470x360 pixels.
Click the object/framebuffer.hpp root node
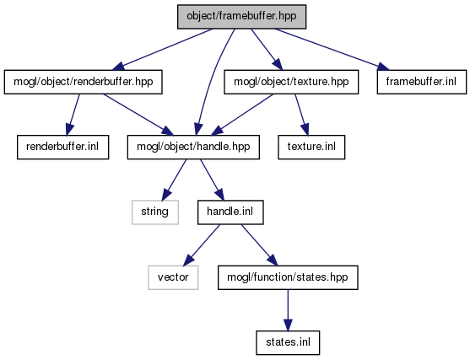tap(241, 17)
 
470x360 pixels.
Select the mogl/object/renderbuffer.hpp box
tap(83, 82)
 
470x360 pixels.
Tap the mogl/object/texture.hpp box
tap(291, 82)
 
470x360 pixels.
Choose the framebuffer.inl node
tap(421, 82)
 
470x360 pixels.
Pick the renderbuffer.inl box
tap(62, 147)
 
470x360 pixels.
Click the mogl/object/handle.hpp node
tap(193, 147)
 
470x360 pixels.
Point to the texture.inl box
tap(311, 147)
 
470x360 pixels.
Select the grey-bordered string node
tap(155, 212)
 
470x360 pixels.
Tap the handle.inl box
tap(230, 212)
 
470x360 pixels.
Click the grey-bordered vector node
tap(173, 277)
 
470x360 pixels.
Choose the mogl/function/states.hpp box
tap(288, 277)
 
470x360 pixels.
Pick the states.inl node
tap(288, 343)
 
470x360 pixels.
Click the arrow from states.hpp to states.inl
tap(288, 310)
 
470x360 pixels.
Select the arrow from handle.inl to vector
tap(202, 245)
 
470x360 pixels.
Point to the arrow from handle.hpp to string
tap(174, 180)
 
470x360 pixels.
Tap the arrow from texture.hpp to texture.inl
tap(301, 115)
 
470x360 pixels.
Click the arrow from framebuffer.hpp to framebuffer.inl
tap(332, 50)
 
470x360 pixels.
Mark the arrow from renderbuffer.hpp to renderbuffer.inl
tap(73, 115)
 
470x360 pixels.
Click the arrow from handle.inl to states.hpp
tap(260, 245)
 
